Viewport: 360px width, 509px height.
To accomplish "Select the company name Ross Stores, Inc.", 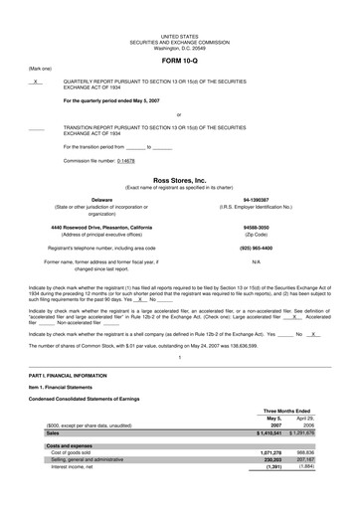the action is coord(179,180).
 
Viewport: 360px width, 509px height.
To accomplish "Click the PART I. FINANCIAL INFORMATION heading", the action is coord(63,374).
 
